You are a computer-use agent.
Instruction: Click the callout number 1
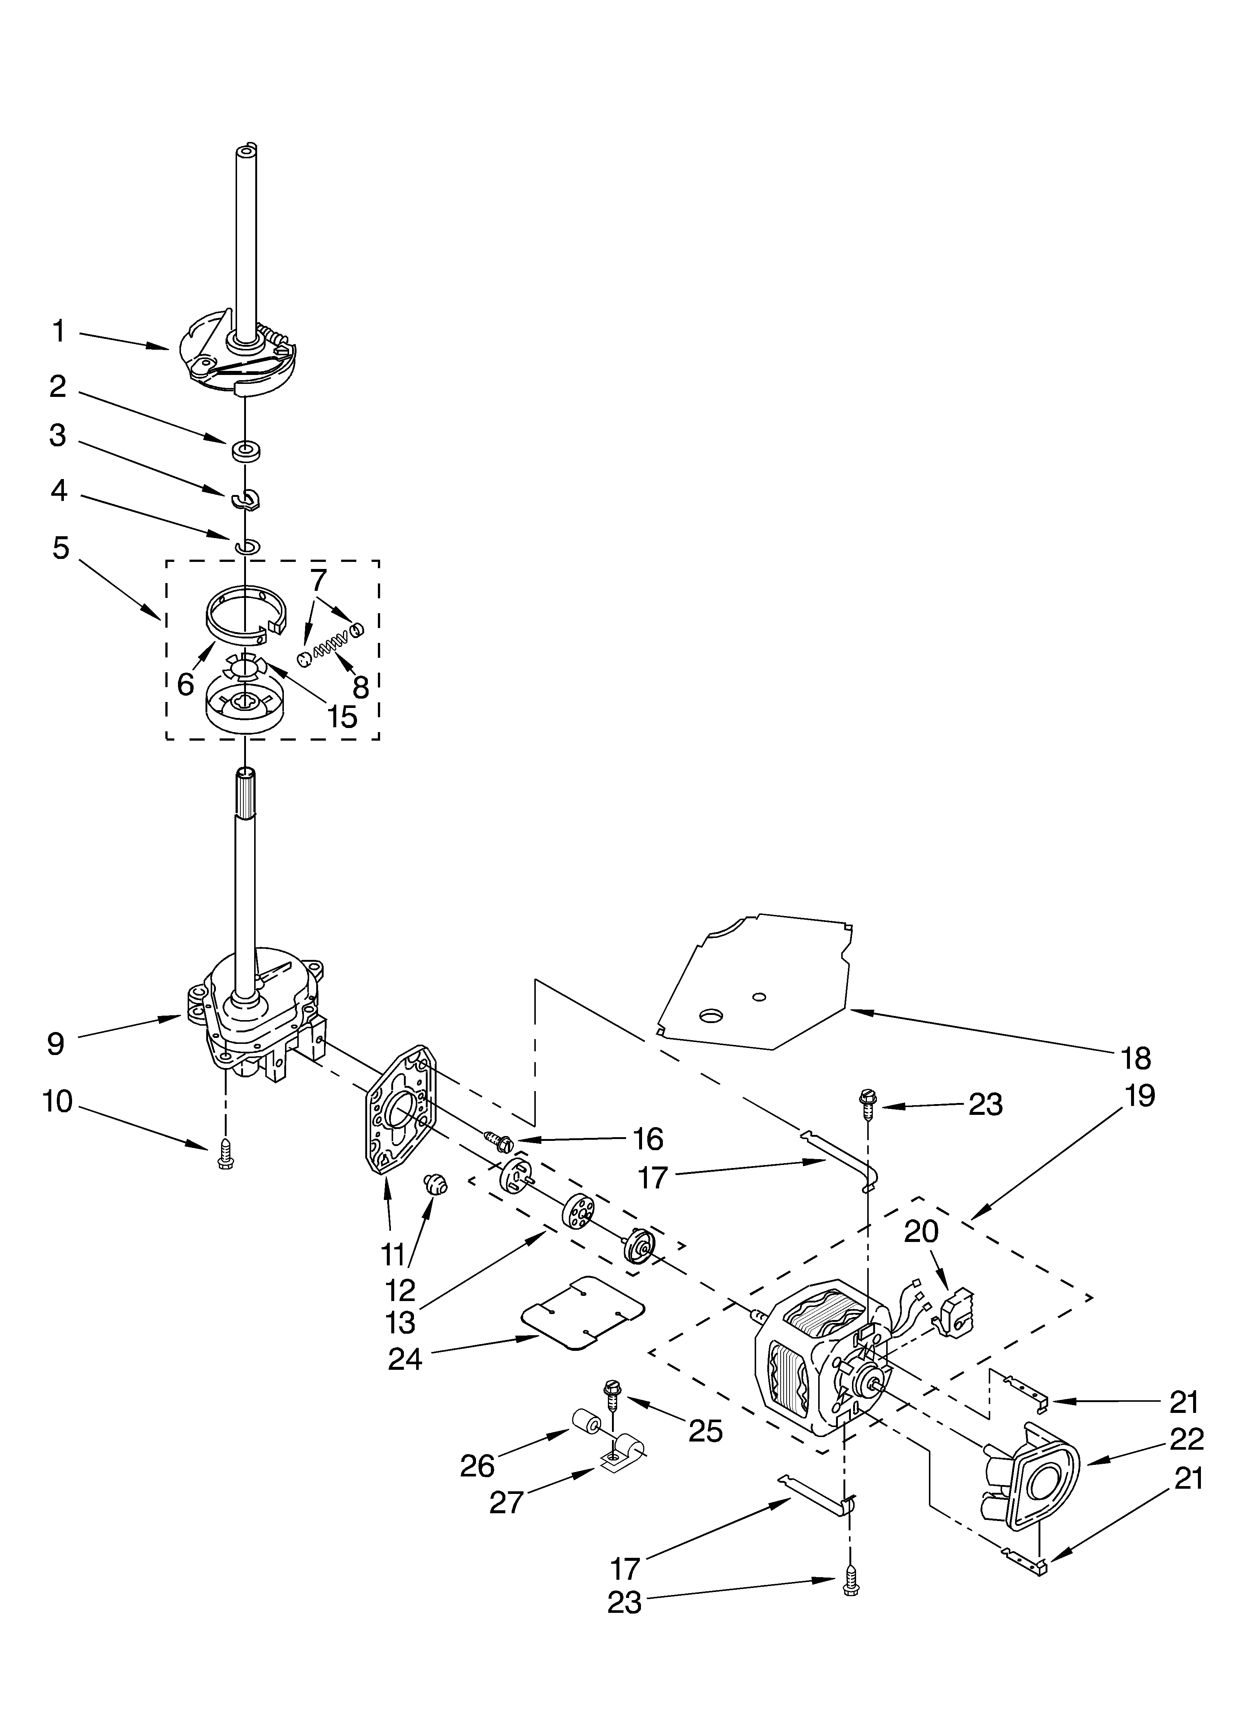[x=58, y=332]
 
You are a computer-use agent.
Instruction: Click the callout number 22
[x=1186, y=1439]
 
